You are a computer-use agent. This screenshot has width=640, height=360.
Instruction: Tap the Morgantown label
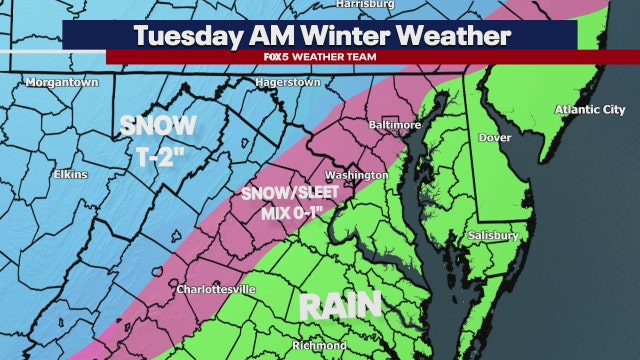pyautogui.click(x=62, y=82)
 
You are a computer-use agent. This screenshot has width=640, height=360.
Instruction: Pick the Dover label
pyautogui.click(x=495, y=137)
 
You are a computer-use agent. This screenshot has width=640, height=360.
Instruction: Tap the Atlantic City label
pyautogui.click(x=591, y=110)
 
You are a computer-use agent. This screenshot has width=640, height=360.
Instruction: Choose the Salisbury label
pyautogui.click(x=492, y=235)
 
